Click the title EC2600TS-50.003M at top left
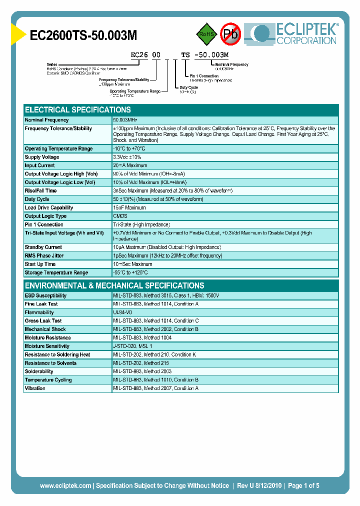click(83, 34)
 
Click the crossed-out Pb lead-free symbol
click(230, 34)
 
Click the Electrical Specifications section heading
click(78, 109)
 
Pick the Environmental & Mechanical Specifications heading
click(114, 285)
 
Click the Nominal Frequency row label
click(46, 120)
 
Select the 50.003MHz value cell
click(125, 120)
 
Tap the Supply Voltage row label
click(42, 157)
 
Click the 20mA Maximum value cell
click(130, 165)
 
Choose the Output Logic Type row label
click(45, 216)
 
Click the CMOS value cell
click(120, 216)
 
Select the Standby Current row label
click(43, 247)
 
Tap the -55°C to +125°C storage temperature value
click(130, 272)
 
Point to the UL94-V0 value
click(122, 312)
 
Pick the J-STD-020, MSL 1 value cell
click(132, 346)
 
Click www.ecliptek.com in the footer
click(65, 485)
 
